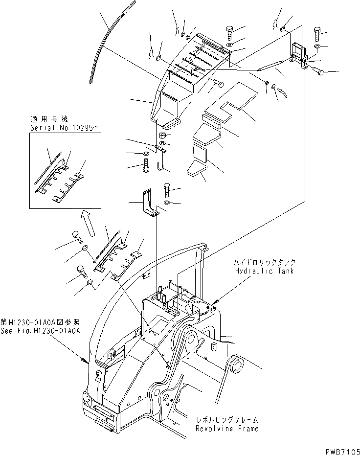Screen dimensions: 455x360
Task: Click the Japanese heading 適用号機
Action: point(44,119)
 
